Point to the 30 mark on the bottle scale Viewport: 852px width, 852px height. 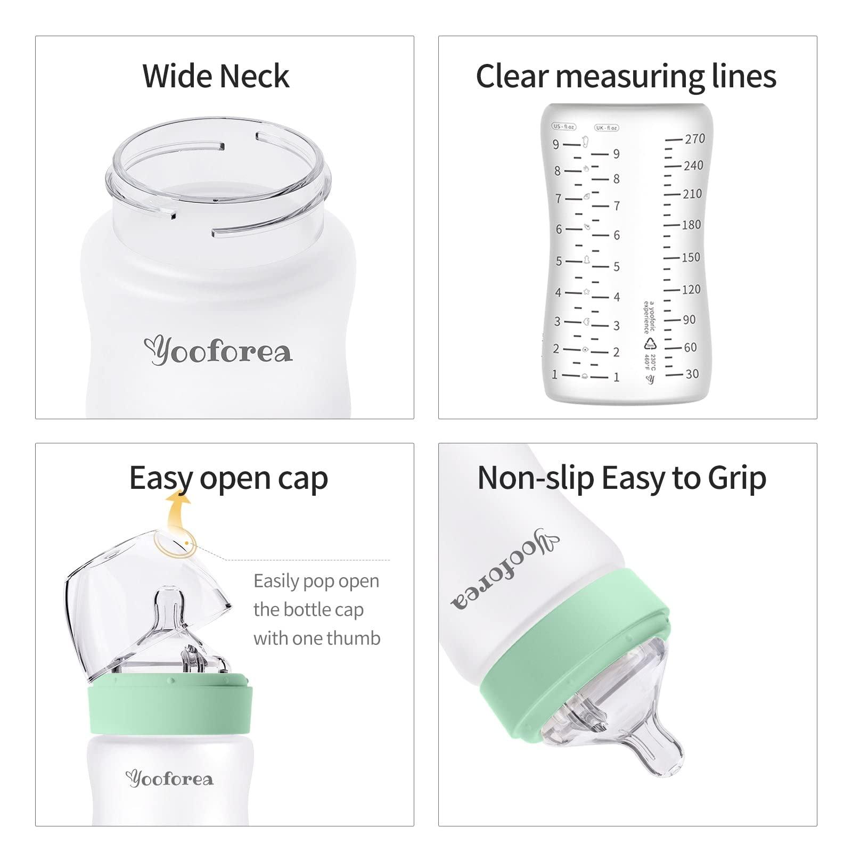[x=692, y=374]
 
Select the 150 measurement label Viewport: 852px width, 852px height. [x=691, y=257]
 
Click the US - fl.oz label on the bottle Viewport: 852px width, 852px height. [x=564, y=127]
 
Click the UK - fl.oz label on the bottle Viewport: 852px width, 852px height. [x=607, y=128]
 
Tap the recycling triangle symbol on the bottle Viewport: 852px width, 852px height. [x=650, y=343]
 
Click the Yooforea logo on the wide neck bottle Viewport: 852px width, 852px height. [x=218, y=351]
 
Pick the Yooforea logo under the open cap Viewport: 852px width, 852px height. [x=169, y=779]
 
